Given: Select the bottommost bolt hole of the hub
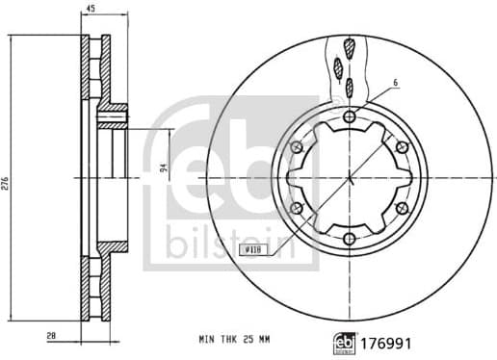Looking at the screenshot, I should coord(349,239).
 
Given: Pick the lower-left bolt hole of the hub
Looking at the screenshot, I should coord(297,209).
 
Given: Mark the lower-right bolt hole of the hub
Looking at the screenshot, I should coord(401,209).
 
